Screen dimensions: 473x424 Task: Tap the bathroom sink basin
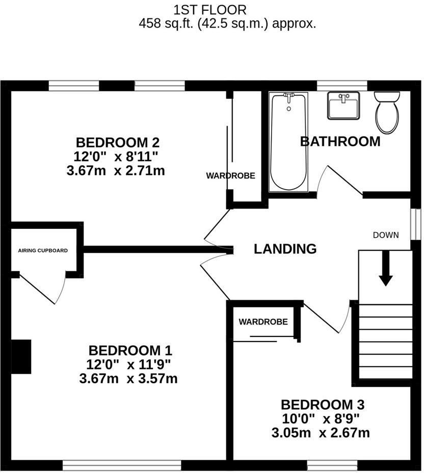pos(343,106)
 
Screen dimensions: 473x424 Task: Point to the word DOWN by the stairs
pos(386,235)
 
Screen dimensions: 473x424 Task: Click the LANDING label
pos(285,249)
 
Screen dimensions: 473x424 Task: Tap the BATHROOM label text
pos(340,141)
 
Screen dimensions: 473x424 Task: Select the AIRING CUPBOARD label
pos(43,250)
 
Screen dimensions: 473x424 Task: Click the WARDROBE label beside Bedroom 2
pos(230,176)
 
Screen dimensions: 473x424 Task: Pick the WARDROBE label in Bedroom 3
pos(263,322)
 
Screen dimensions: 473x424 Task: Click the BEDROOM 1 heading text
pos(130,351)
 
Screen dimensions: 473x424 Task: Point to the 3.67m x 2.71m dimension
pos(116,171)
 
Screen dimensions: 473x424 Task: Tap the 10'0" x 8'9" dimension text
pos(322,418)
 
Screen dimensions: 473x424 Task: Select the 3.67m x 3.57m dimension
pos(128,379)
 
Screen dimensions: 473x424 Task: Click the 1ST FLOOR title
pos(210,9)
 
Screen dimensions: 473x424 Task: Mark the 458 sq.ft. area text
pos(227,23)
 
